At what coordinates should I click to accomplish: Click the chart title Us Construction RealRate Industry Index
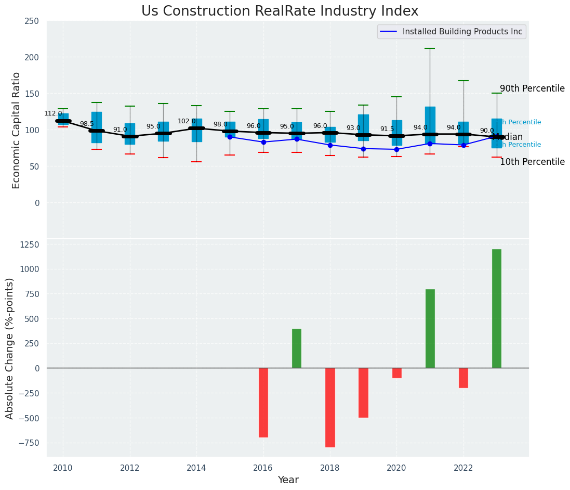[280, 11]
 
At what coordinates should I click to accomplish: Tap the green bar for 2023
[497, 308]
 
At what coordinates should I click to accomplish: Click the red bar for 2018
[330, 407]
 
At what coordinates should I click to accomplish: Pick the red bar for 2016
[263, 402]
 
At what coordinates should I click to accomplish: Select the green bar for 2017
[297, 348]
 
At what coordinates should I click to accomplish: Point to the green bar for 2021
[430, 328]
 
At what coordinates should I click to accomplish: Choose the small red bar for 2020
[397, 373]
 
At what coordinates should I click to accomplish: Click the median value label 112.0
[53, 113]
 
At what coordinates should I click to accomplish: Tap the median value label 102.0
[187, 121]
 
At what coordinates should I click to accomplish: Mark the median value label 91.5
[387, 129]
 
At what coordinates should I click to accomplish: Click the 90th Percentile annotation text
[532, 88]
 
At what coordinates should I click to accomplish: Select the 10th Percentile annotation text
[532, 162]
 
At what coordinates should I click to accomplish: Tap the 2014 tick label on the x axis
[196, 468]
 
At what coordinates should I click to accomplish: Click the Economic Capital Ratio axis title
[16, 130]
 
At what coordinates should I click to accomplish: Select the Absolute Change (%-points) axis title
[10, 348]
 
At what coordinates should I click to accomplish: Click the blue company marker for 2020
[397, 149]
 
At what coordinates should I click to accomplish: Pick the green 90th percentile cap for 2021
[430, 48]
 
